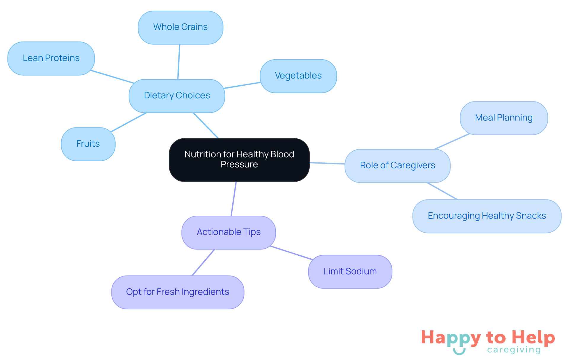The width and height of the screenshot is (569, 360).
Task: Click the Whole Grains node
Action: [x=180, y=27]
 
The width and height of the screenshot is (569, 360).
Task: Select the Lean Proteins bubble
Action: [x=51, y=58]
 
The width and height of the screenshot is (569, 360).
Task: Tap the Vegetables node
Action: [x=298, y=76]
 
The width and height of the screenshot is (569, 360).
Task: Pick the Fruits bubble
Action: [x=88, y=144]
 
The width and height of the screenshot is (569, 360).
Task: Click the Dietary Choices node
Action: [x=177, y=96]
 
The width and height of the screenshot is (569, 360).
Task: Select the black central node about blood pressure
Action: [x=239, y=160]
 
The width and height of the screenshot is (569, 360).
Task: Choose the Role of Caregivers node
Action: [x=397, y=166]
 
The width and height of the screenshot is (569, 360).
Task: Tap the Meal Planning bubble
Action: [x=504, y=118]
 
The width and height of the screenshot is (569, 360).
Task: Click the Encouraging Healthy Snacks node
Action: [x=487, y=216]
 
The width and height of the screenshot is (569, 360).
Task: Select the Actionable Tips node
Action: [x=228, y=232]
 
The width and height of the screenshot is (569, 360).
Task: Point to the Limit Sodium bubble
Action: [x=350, y=271]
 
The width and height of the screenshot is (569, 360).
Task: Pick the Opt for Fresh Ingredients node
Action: [x=178, y=292]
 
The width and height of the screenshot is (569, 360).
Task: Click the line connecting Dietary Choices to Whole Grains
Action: [x=179, y=62]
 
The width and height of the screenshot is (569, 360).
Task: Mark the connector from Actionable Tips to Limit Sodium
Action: [x=292, y=253]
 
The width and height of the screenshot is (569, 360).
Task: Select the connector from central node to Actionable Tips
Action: [x=234, y=199]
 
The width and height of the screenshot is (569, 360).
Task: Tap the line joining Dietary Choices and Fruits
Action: [x=129, y=122]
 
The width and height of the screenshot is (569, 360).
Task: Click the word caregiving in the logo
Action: [x=514, y=350]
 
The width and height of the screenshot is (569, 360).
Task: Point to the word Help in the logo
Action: [x=533, y=338]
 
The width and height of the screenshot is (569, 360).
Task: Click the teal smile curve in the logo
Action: [x=459, y=352]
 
